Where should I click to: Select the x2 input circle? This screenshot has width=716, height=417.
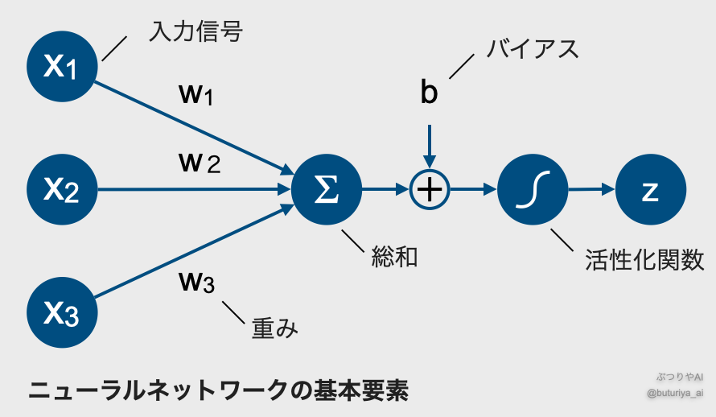63,190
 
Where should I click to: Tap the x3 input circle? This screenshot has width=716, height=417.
63,313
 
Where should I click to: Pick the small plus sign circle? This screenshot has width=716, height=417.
430,190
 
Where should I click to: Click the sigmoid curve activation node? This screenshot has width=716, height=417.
532,190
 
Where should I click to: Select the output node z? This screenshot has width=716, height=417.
650,190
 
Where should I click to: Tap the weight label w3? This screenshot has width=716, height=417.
196,282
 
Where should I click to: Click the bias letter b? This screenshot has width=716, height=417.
430,93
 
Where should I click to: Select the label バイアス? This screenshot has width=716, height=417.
532,49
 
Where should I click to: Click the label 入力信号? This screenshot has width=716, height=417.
195,32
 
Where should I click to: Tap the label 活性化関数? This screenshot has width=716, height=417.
644,259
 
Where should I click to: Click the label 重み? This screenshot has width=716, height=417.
274,328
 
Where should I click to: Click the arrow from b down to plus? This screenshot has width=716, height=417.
430,147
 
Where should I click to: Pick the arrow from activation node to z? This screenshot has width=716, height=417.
591,190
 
